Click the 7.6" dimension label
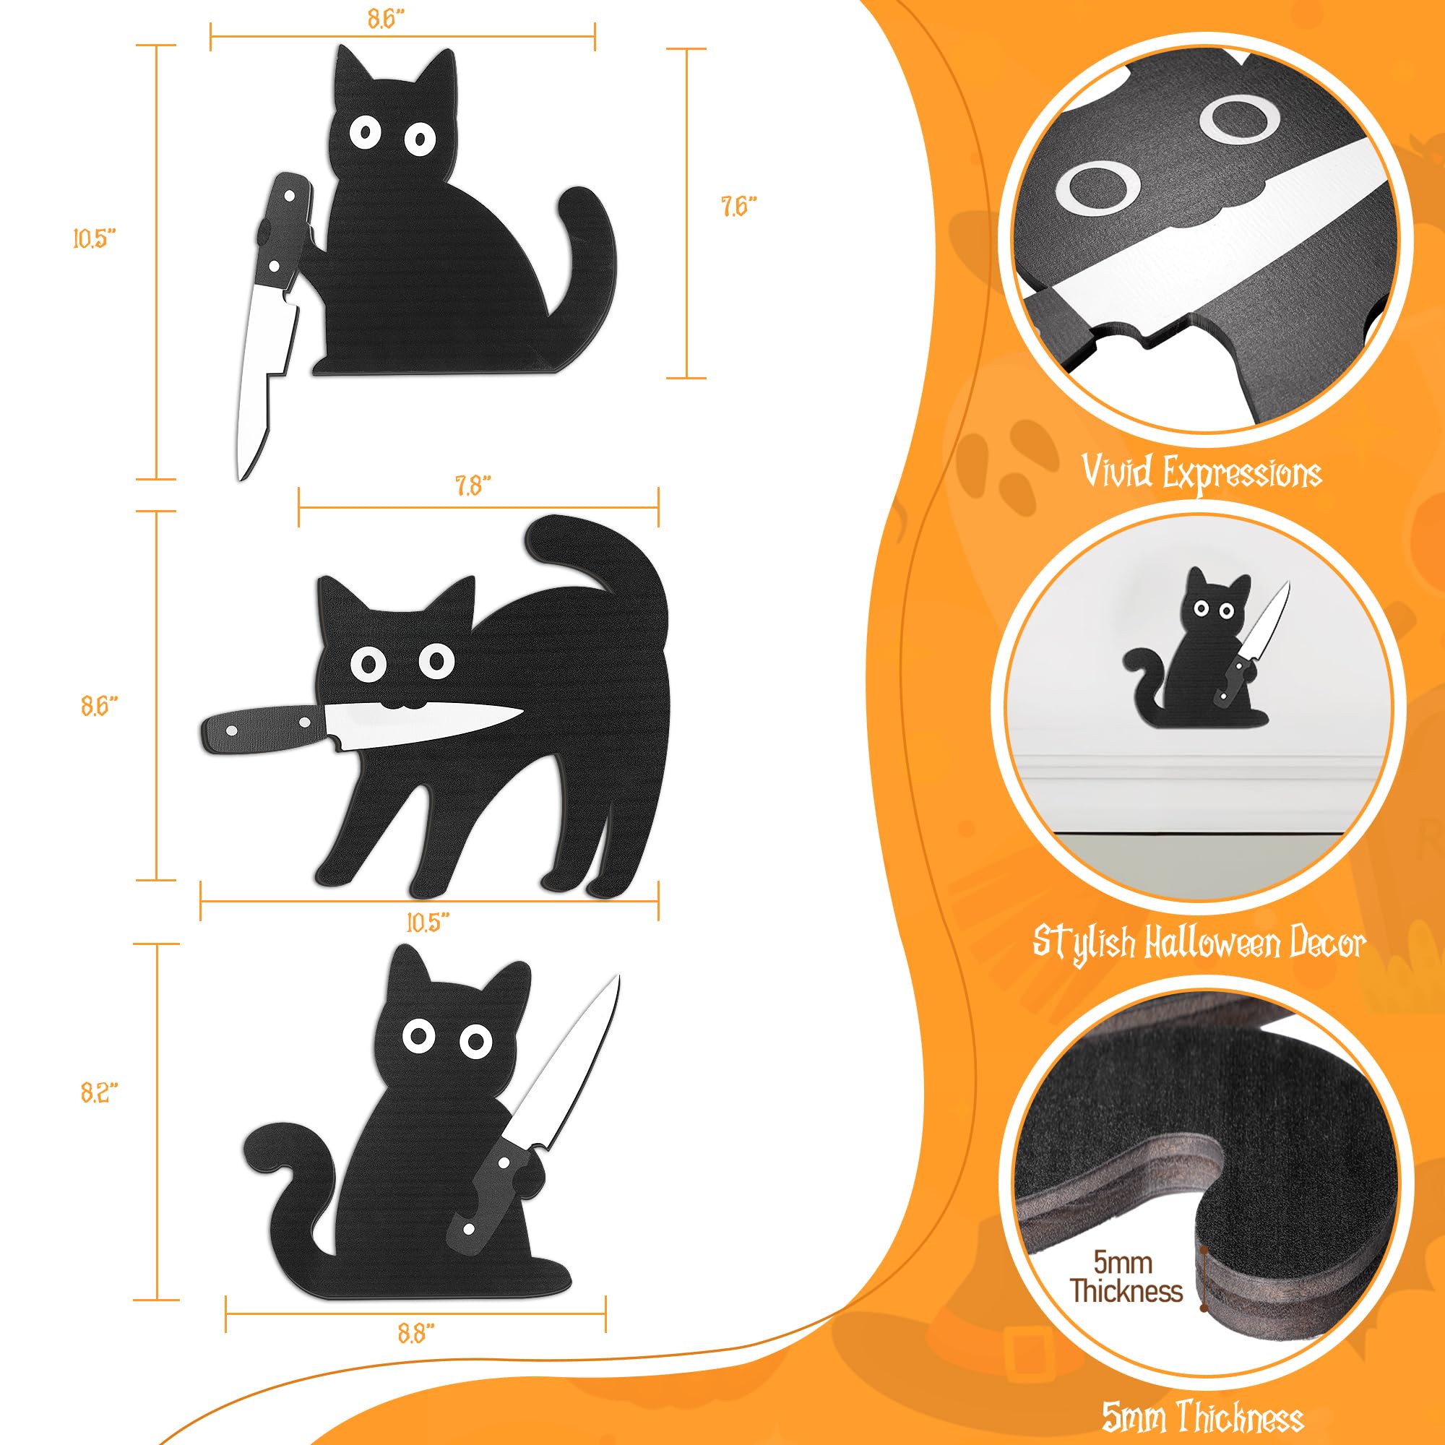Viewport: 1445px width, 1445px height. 739,207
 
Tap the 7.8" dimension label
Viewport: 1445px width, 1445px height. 473,487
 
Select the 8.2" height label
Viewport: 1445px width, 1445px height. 100,1092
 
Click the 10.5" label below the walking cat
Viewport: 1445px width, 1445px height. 428,922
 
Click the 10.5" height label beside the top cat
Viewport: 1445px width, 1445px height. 95,239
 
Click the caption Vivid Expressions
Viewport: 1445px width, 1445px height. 1202,472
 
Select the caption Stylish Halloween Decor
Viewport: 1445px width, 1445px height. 1199,941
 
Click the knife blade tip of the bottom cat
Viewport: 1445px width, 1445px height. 616,980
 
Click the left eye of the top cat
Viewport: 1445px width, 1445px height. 366,133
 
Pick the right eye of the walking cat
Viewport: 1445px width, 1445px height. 436,660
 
